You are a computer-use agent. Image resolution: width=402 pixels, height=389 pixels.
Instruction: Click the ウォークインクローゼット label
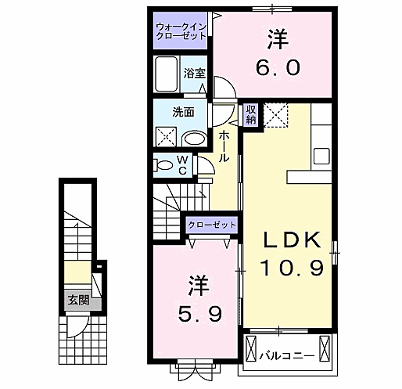181,33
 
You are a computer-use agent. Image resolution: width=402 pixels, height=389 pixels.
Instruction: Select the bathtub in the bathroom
167,76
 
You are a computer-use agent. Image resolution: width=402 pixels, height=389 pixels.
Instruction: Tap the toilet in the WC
164,165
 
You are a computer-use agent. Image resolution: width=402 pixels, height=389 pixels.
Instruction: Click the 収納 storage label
251,114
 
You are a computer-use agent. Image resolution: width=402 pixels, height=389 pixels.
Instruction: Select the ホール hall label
224,146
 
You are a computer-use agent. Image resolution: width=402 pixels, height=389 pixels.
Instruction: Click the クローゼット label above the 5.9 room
210,225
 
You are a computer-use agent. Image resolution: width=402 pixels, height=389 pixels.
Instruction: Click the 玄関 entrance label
77,300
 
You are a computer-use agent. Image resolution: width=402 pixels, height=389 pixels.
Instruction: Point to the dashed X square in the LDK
276,115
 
